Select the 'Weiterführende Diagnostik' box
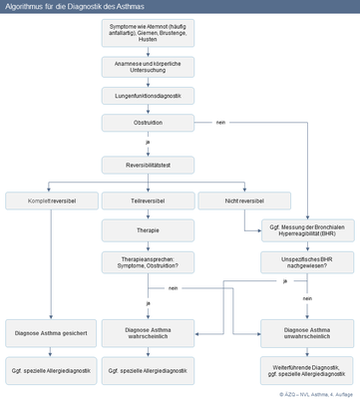[307, 372]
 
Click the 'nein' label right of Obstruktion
[220, 123]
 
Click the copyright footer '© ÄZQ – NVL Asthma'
[316, 393]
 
